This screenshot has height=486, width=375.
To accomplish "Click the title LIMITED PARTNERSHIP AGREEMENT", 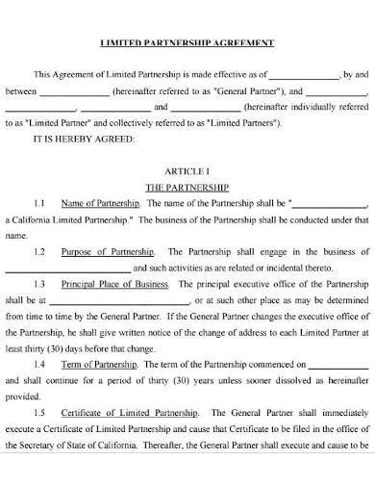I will (x=187, y=43).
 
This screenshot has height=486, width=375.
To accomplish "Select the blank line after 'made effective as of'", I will (x=303, y=75).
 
